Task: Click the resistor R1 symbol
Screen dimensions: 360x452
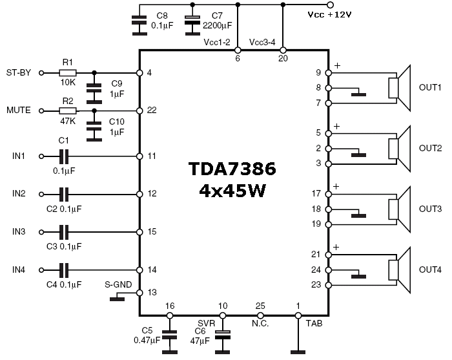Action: point(67,73)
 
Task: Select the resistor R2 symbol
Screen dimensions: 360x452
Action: point(67,111)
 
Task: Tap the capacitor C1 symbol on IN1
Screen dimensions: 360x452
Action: point(63,156)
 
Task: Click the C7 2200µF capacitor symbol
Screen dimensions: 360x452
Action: point(192,24)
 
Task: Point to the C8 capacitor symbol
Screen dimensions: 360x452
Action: point(138,24)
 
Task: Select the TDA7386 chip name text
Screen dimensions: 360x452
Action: point(232,170)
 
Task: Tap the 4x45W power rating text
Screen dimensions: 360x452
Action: point(232,191)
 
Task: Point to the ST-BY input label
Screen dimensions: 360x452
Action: point(19,73)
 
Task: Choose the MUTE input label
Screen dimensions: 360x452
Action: point(19,111)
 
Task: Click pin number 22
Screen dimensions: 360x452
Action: point(152,111)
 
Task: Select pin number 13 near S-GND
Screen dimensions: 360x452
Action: point(152,292)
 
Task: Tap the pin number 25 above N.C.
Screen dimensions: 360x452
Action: point(260,305)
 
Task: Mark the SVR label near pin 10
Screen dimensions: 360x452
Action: point(207,321)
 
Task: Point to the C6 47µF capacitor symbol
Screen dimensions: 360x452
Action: point(223,335)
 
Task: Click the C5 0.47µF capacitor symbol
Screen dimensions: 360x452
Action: point(169,335)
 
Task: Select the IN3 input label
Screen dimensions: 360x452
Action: point(19,231)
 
